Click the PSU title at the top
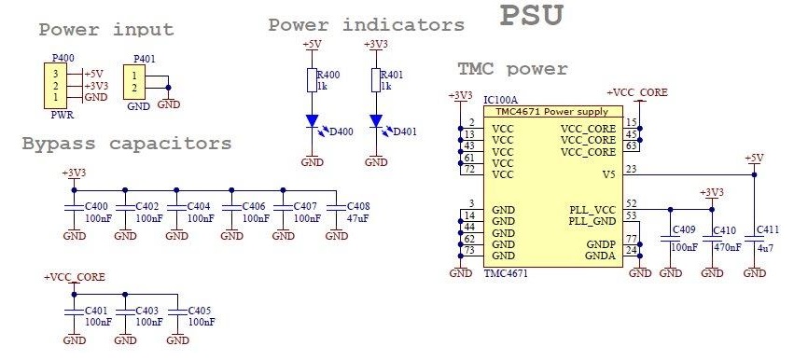(x=532, y=16)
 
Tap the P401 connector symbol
(x=137, y=82)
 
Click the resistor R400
(x=311, y=80)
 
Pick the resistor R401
(x=375, y=80)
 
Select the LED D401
(x=375, y=121)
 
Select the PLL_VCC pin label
(x=592, y=210)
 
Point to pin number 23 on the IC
(x=632, y=169)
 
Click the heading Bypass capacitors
(x=126, y=144)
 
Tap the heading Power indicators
(x=366, y=24)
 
